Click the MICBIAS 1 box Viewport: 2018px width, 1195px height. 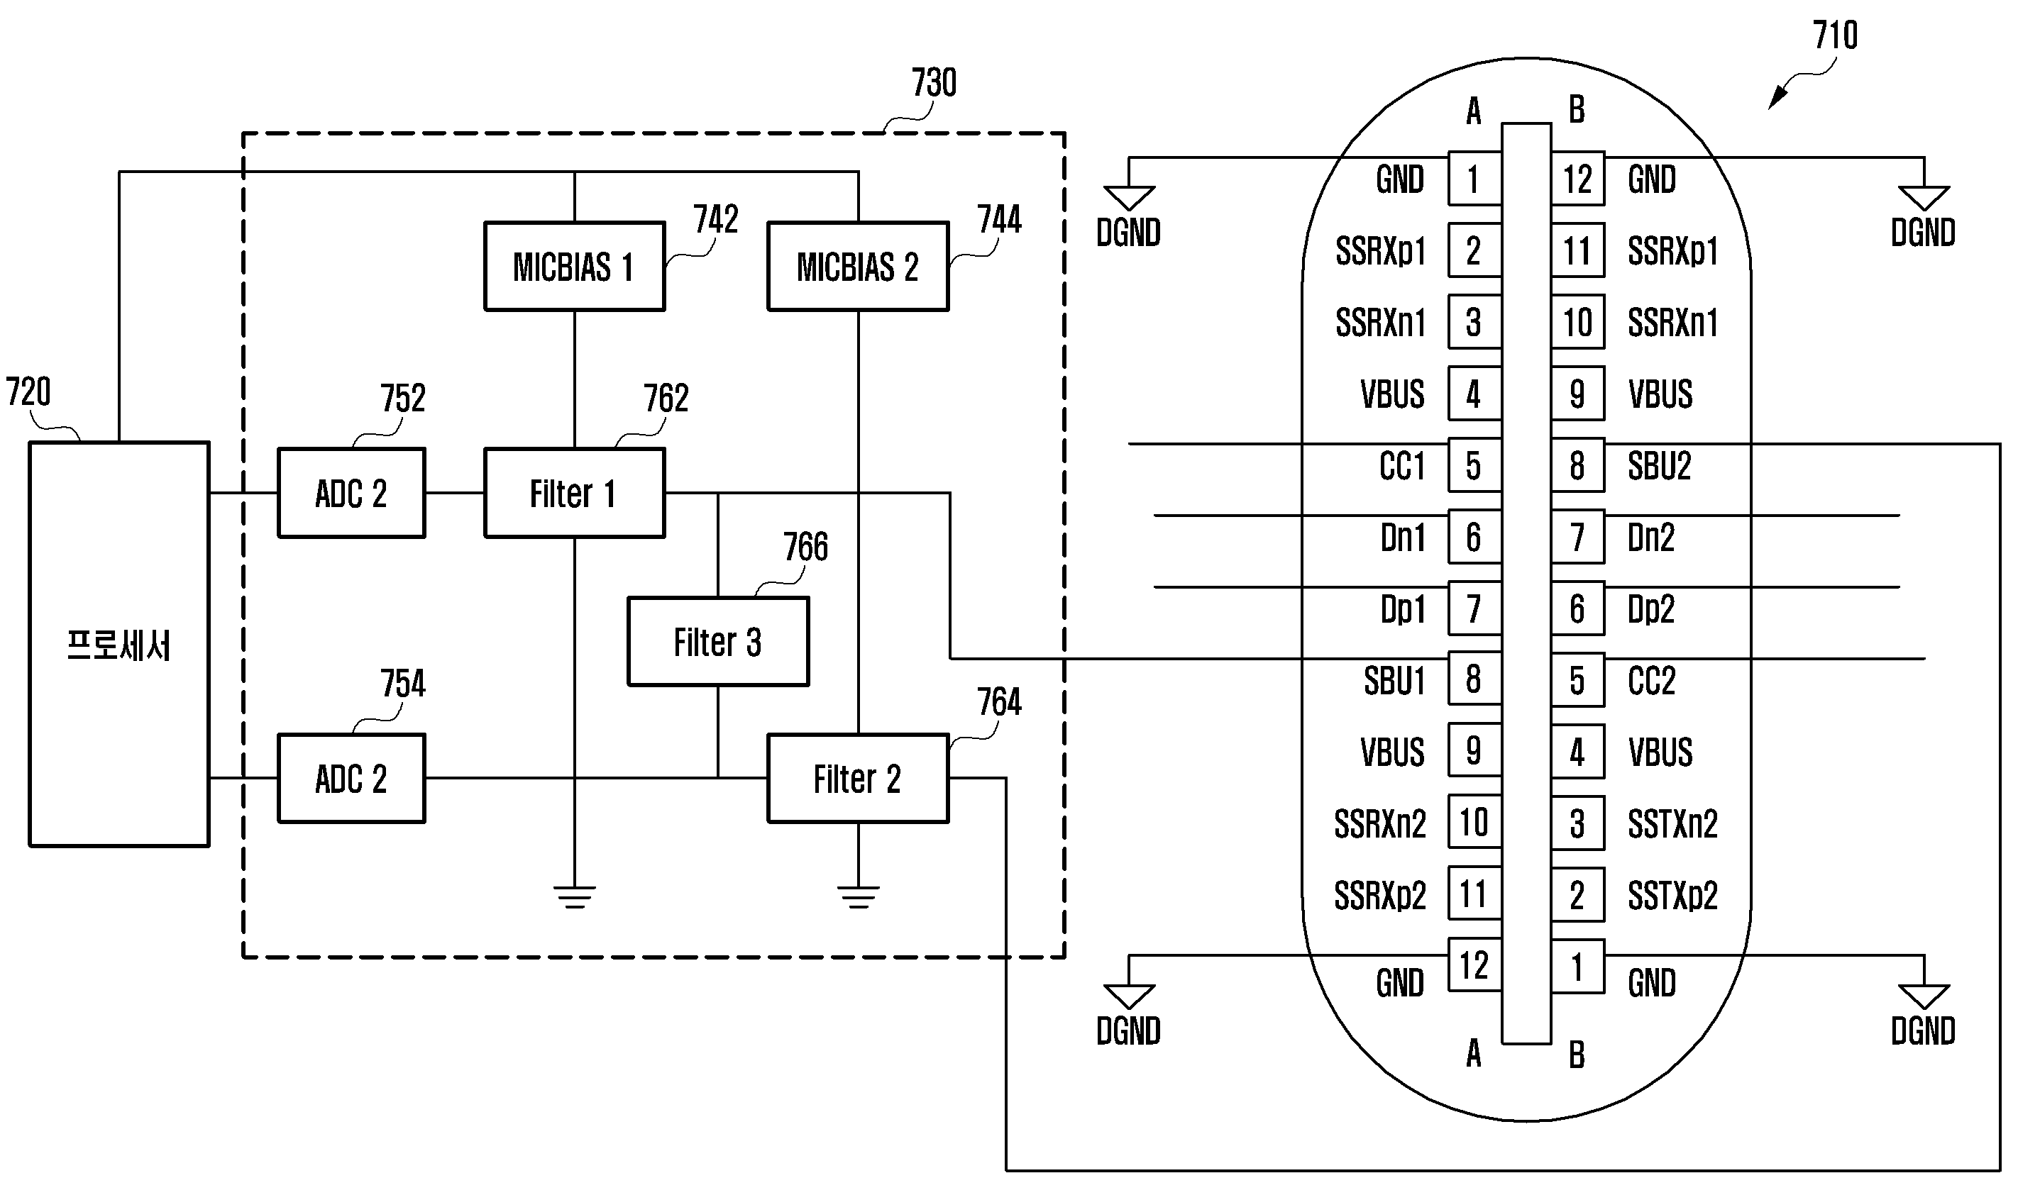pos(573,267)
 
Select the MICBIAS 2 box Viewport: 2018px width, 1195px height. pos(857,267)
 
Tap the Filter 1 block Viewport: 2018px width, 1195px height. pos(573,493)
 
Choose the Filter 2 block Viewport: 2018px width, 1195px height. pos(857,779)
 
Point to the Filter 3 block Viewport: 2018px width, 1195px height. pos(718,642)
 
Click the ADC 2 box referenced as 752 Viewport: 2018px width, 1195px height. pos(351,493)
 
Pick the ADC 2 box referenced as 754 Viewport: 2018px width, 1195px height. pos(351,779)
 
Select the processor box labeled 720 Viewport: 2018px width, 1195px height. pos(119,644)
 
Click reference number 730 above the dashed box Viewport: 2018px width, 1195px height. pos(934,83)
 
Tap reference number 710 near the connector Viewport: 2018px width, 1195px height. pos(1834,35)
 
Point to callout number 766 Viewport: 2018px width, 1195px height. pos(805,548)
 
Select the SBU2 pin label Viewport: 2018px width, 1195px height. pos(1659,466)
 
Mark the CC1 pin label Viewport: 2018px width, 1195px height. pos(1401,466)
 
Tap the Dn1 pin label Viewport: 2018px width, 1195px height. pos(1403,538)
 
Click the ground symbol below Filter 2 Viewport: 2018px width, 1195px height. pos(858,896)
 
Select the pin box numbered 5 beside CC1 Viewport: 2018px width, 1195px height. pos(1474,465)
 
